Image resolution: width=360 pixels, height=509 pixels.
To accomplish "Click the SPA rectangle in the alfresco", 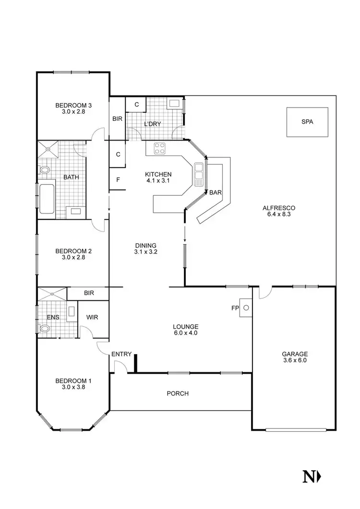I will click(x=307, y=122).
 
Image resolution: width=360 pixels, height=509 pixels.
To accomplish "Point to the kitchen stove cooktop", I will click(x=159, y=148).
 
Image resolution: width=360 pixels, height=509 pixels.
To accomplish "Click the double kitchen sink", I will click(x=199, y=175).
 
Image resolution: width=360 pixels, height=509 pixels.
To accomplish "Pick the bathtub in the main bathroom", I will click(x=47, y=198).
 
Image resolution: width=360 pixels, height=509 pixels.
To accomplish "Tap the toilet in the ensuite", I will click(x=45, y=329).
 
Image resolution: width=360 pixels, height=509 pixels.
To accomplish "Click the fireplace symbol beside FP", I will click(x=246, y=308).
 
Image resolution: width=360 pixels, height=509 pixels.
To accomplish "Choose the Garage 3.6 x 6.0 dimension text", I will click(x=294, y=360).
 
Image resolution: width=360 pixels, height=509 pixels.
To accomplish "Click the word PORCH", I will click(x=178, y=393).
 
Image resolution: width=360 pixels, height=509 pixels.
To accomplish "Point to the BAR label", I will click(x=216, y=192).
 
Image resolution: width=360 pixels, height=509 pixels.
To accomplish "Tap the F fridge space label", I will click(x=118, y=180).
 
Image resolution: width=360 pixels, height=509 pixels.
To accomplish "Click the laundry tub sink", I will click(x=173, y=103).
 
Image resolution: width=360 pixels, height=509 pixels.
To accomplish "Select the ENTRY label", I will click(x=121, y=354).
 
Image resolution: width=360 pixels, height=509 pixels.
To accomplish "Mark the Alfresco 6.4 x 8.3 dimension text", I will click(x=278, y=214).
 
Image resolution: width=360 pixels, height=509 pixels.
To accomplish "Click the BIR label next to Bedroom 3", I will click(x=117, y=119).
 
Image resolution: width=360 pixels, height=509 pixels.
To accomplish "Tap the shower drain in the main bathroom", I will click(x=48, y=149).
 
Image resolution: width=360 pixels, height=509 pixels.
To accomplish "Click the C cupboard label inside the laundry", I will click(x=136, y=104).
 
